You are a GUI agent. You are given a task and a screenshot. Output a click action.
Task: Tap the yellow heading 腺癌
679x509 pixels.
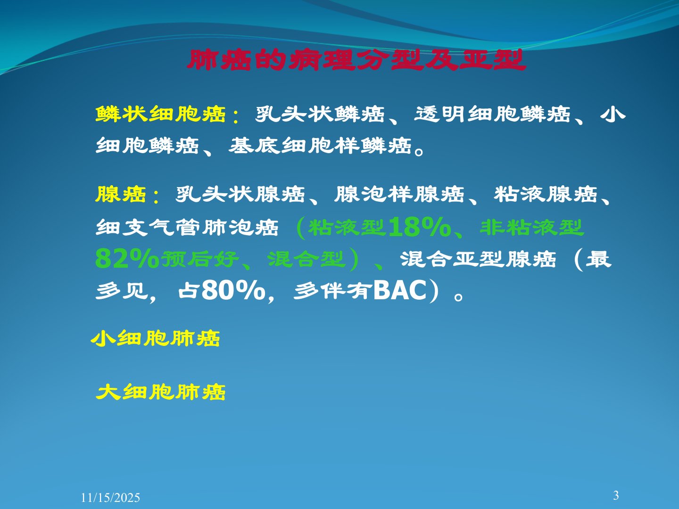[x=120, y=194]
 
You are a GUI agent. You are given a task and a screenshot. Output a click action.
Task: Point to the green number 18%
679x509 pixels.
[x=420, y=228]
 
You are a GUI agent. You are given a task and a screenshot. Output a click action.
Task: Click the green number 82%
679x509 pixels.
[x=127, y=259]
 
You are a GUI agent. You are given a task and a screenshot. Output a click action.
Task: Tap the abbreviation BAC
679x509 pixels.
[x=400, y=290]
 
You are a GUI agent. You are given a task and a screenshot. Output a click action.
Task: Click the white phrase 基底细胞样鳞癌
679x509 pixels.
[x=320, y=145]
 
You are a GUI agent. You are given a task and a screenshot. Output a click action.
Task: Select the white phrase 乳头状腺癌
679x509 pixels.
[x=240, y=194]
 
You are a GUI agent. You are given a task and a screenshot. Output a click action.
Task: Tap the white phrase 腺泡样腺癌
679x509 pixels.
[x=399, y=194]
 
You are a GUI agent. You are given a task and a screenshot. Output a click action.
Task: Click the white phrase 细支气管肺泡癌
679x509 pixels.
[x=187, y=228]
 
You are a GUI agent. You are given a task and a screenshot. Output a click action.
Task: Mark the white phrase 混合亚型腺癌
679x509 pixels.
[x=478, y=259]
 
